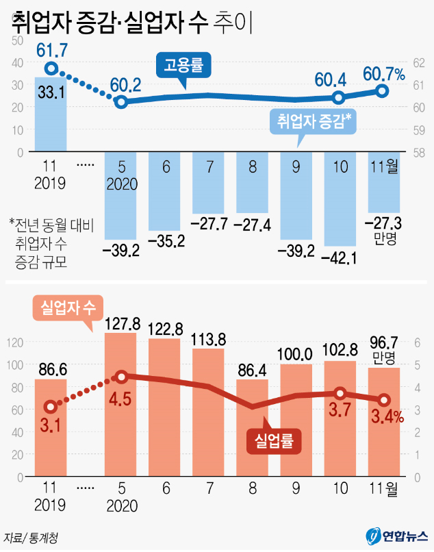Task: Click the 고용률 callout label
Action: pos(184,66)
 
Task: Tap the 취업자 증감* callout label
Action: pos(314,121)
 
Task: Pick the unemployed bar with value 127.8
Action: pos(120,404)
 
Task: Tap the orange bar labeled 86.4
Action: pos(253,428)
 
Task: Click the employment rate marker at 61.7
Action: pos(51,68)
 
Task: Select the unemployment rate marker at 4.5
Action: pos(121,377)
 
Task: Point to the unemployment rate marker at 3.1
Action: pos(51,407)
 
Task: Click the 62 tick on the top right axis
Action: pos(420,62)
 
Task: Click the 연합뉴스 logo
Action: pos(396,535)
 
